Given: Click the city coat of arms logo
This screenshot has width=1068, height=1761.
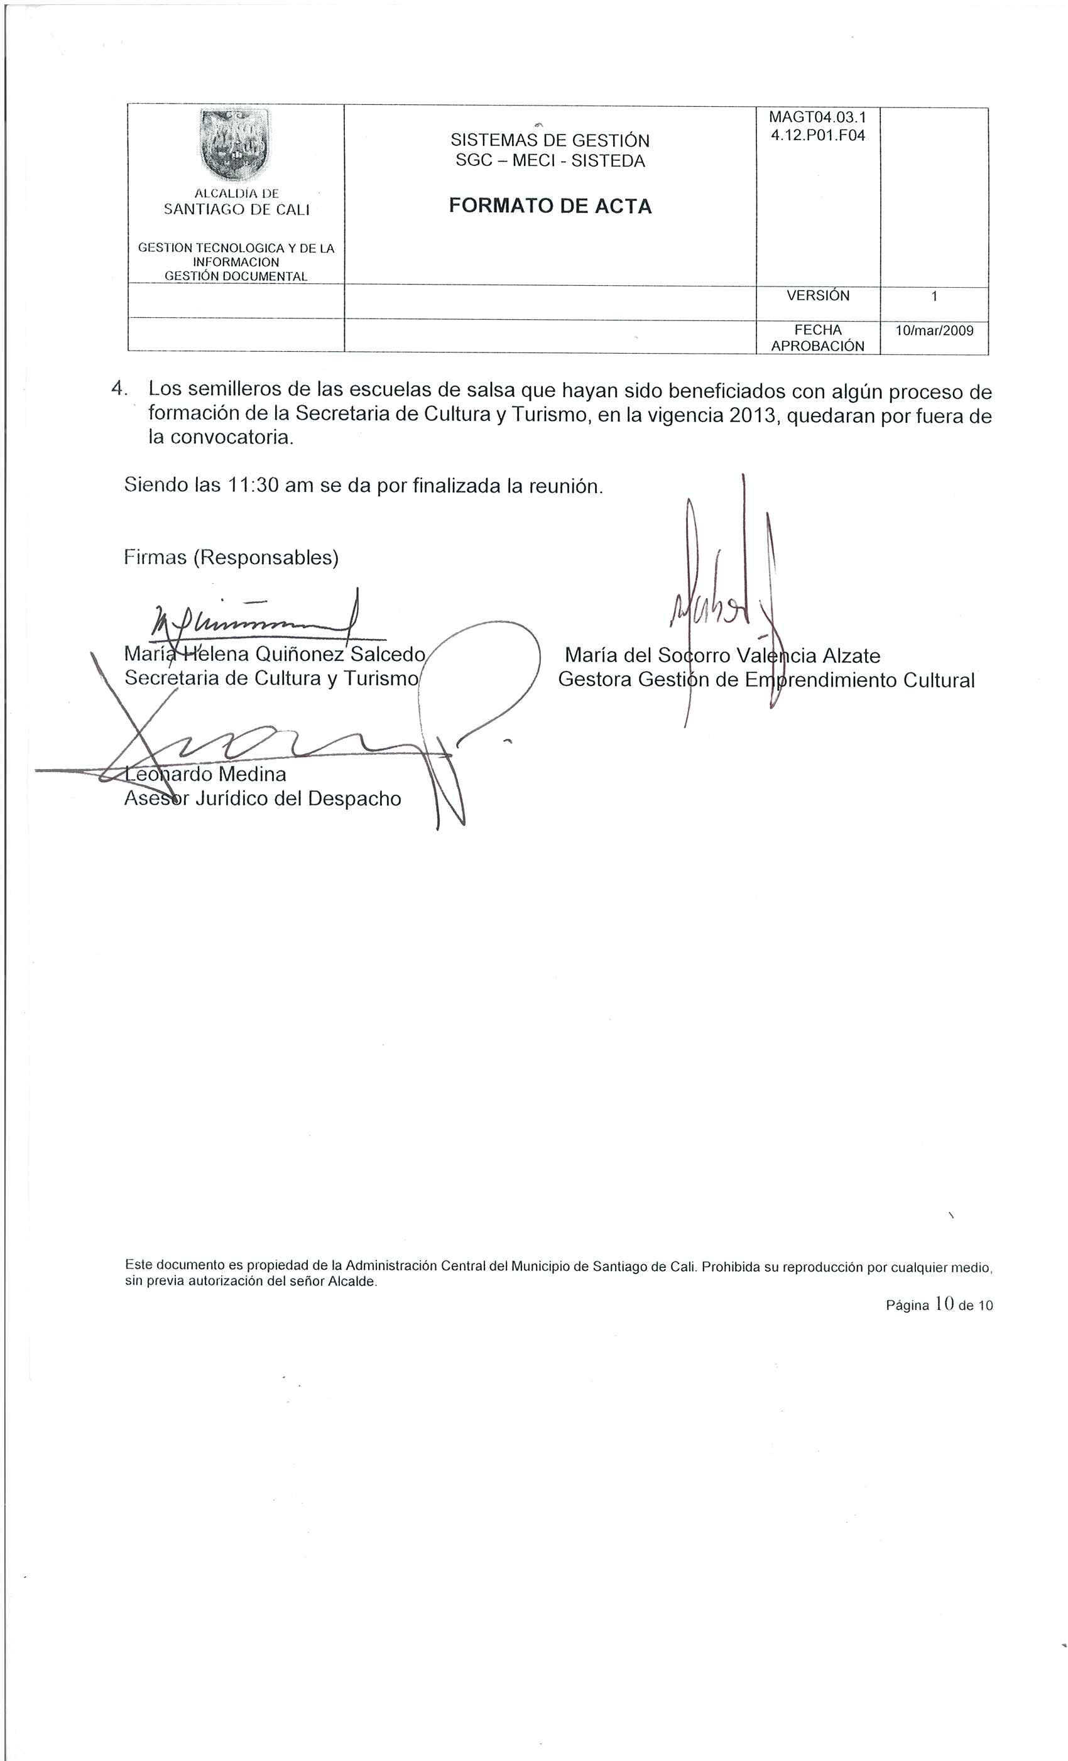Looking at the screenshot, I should tap(235, 145).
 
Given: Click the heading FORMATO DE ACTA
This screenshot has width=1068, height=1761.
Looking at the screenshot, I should tap(550, 207).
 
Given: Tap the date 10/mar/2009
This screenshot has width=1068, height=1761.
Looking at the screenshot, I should tap(934, 330).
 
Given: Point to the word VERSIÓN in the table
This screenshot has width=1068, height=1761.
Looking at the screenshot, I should tap(817, 296).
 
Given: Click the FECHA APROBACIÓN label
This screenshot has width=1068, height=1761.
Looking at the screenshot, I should tap(817, 338).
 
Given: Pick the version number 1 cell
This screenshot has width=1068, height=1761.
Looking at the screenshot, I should tap(934, 296).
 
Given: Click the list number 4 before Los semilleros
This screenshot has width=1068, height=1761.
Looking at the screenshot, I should tap(119, 389).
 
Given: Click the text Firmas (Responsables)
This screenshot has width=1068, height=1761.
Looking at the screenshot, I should tap(231, 557).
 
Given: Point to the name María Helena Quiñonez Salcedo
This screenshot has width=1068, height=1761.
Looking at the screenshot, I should tap(275, 654).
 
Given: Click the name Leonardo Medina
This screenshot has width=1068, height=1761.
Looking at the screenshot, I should tap(205, 774).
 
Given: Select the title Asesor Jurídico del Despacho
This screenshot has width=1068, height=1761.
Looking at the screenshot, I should tap(263, 799).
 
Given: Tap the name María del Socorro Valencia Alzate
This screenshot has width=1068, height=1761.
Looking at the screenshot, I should tap(722, 655).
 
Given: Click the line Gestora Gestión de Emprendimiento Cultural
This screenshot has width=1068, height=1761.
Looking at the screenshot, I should tap(766, 680).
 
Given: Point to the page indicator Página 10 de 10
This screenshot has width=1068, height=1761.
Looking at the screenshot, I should tap(939, 1305).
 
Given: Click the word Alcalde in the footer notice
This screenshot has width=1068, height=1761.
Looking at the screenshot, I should tap(351, 1282).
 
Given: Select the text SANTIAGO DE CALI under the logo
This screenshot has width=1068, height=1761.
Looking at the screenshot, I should tap(237, 209).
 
